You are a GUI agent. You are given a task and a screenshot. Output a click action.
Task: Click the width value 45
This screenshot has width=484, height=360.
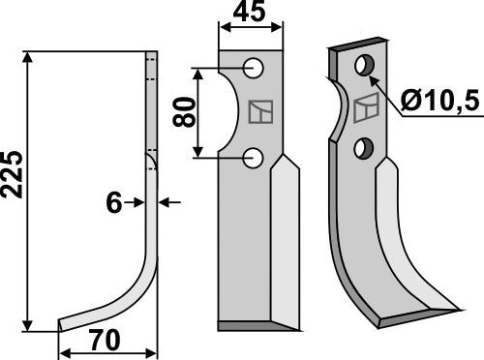click(254, 14)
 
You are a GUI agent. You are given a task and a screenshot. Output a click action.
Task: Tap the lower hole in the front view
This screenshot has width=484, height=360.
click(254, 156)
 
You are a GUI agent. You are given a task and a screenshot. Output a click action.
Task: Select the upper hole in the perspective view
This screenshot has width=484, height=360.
click(366, 66)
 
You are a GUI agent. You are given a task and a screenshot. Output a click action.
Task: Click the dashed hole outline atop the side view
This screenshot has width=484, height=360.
click(150, 68)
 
